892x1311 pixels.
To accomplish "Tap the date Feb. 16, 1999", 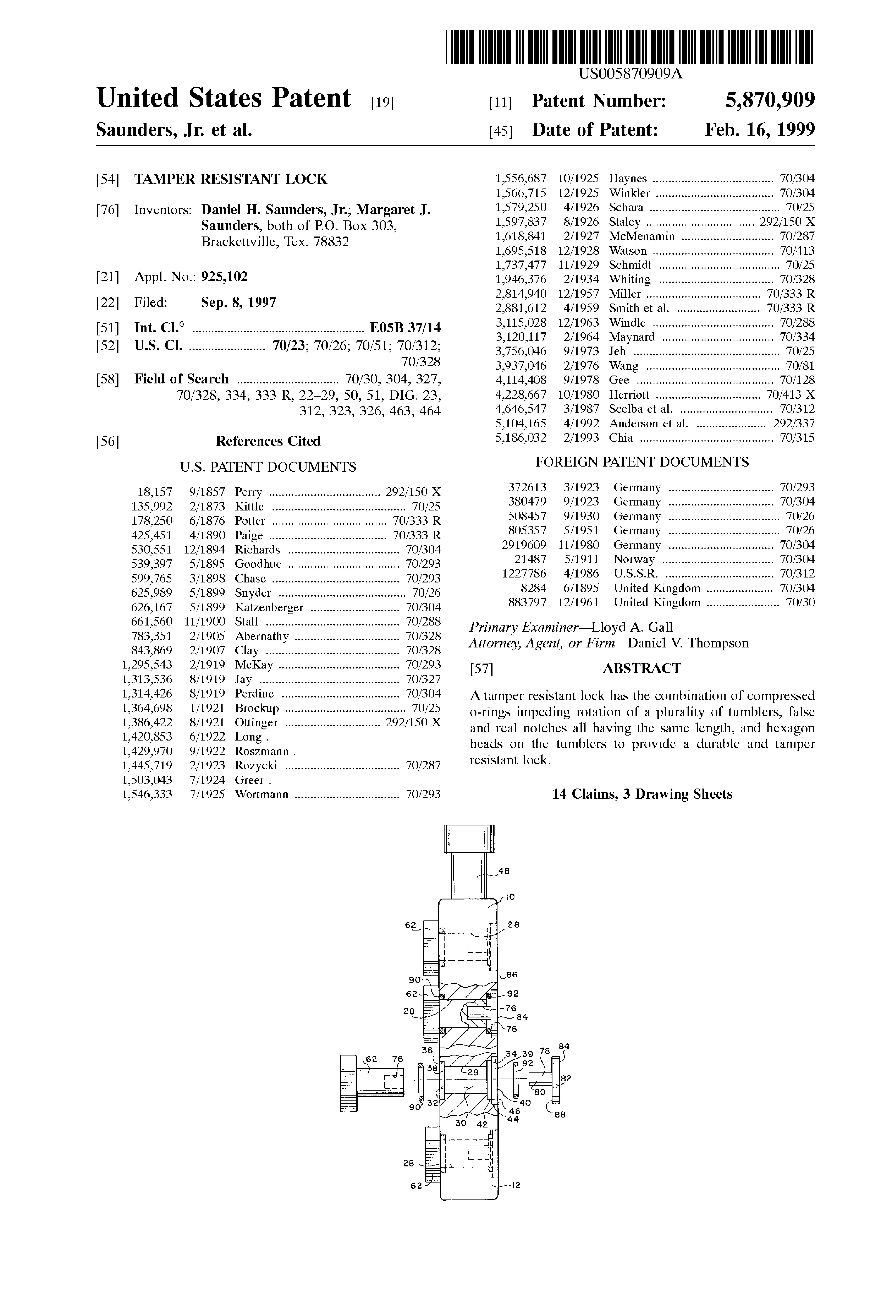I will (759, 130).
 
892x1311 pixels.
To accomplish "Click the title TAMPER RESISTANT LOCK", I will (231, 179).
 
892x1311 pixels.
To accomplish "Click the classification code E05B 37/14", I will (405, 328).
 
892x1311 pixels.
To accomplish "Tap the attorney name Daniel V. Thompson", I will (688, 643).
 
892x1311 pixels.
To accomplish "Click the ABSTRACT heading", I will (642, 669).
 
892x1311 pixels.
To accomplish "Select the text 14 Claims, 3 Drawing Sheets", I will (642, 794).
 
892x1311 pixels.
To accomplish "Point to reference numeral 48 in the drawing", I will (504, 870).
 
